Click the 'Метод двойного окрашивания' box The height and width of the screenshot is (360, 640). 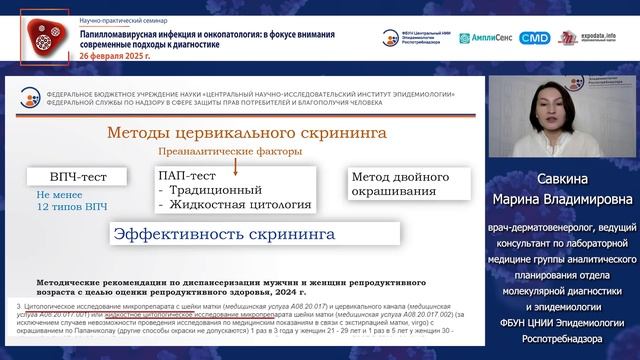[394, 183]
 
